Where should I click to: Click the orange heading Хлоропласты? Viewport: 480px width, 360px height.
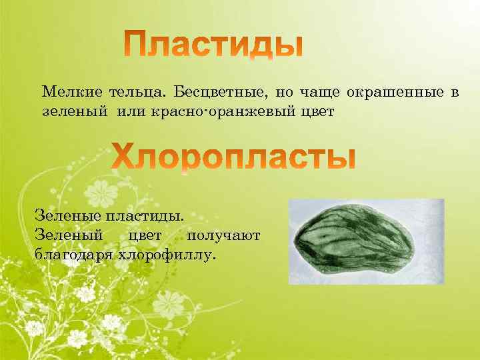(x=233, y=157)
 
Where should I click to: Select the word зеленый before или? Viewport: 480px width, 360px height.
(x=74, y=111)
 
